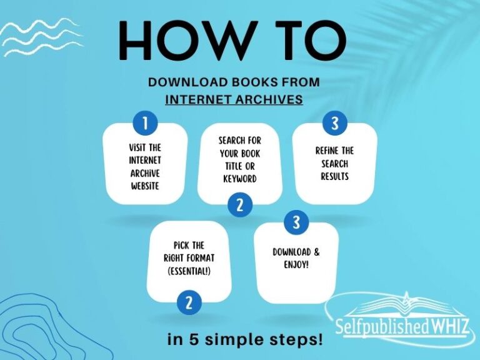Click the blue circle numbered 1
tap(145, 123)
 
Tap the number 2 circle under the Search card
tap(240, 204)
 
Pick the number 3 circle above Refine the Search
tap(335, 123)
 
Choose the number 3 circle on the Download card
tap(296, 222)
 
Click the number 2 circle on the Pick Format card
tap(189, 303)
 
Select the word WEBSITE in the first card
tap(145, 186)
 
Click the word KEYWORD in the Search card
tap(240, 179)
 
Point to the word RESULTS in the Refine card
tap(335, 177)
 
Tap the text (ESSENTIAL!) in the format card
tap(189, 271)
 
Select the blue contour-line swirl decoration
tap(37, 325)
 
